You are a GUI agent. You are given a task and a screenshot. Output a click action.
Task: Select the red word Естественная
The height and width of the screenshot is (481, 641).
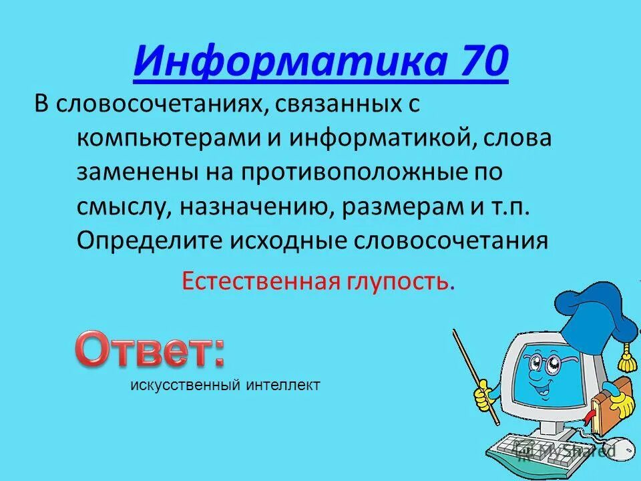click(x=258, y=281)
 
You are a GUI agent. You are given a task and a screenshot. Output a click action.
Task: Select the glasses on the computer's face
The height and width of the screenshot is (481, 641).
click(x=542, y=365)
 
